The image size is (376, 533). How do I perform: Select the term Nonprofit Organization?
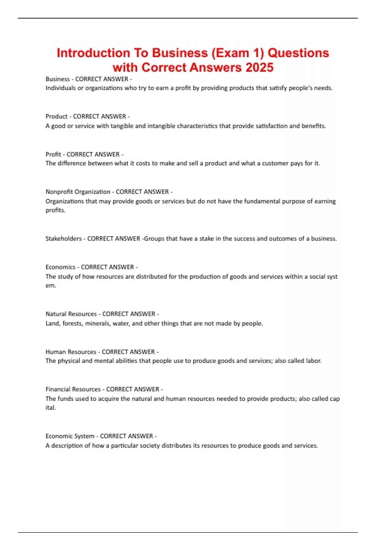(78, 192)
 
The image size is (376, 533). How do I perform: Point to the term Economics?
(60, 267)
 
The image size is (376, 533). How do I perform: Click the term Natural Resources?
(71, 314)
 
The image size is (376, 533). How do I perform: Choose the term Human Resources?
(71, 352)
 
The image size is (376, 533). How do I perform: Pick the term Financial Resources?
(73, 389)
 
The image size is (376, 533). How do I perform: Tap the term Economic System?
(70, 436)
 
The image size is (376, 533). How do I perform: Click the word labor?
(314, 361)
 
